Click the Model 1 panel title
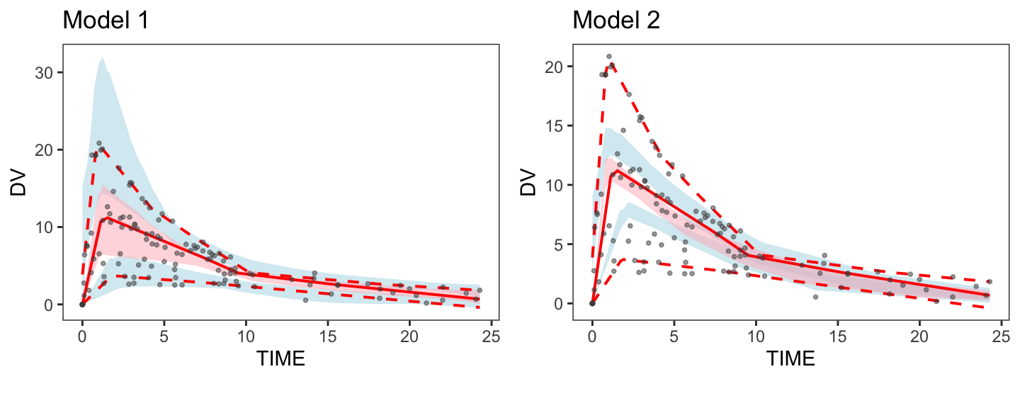click(x=106, y=21)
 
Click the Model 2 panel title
click(x=616, y=21)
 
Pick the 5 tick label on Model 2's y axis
click(x=560, y=244)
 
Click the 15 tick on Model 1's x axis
click(x=328, y=334)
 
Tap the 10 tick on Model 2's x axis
click(x=756, y=334)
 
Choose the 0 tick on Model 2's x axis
click(x=592, y=334)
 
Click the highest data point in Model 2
click(x=608, y=57)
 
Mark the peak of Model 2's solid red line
click(x=616, y=171)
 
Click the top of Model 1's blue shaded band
click(x=102, y=57)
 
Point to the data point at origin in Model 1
click(x=82, y=304)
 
